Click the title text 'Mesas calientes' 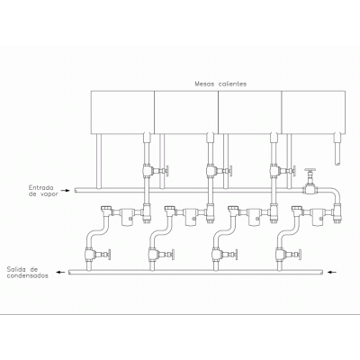(x=220, y=84)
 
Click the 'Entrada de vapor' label (x=44, y=191)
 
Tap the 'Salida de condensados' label (x=28, y=272)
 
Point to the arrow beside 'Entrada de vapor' (x=65, y=190)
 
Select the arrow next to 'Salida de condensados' (x=61, y=273)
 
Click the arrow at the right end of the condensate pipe (x=332, y=273)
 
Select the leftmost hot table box (x=122, y=112)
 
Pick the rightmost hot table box (x=313, y=112)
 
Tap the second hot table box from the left (x=186, y=112)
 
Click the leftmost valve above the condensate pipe (x=97, y=255)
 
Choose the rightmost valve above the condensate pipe (x=288, y=255)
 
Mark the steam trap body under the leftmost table (x=127, y=217)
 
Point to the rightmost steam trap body (x=318, y=217)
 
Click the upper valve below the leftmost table (x=155, y=171)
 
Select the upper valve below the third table (x=283, y=171)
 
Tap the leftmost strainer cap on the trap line (x=106, y=211)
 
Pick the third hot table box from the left (x=250, y=112)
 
